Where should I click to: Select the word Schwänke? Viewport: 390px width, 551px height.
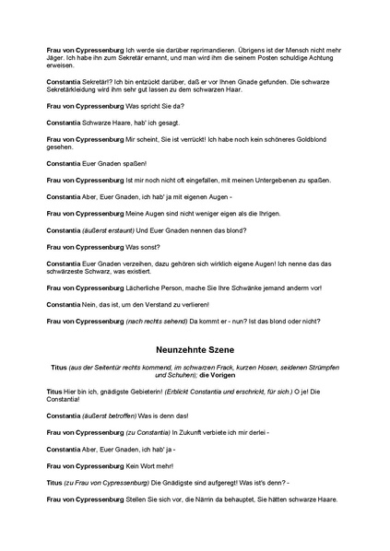pos(247,288)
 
